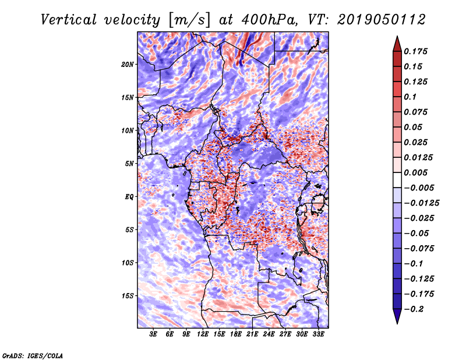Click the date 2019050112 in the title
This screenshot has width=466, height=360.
click(x=380, y=20)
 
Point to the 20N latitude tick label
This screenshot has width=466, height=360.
click(x=128, y=64)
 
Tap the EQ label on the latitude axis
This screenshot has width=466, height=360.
click(x=129, y=196)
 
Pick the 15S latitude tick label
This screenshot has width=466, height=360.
click(x=128, y=295)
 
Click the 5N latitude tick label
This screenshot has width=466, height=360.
click(x=129, y=163)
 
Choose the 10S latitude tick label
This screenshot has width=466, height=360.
click(x=128, y=262)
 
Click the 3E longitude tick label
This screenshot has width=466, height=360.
click(x=154, y=335)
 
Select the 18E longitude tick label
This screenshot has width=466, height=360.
click(x=236, y=335)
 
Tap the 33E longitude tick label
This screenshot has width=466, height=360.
click(x=318, y=335)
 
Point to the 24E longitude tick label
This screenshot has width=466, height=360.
click(x=269, y=335)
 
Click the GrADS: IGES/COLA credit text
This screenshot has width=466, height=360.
click(x=33, y=355)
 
